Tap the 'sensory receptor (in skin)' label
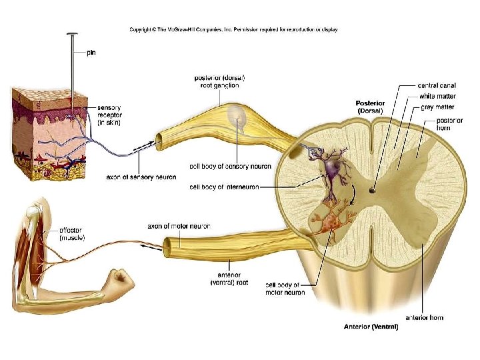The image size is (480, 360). point(110,115)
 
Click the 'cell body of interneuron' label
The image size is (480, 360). point(224,187)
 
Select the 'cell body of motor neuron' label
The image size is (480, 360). point(285,288)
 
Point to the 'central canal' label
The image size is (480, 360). point(437,85)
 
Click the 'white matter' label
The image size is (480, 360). point(437,97)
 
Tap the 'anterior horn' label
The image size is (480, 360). point(424,317)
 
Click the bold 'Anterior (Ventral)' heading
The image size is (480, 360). point(371,327)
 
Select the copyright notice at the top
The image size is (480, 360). point(233,29)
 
